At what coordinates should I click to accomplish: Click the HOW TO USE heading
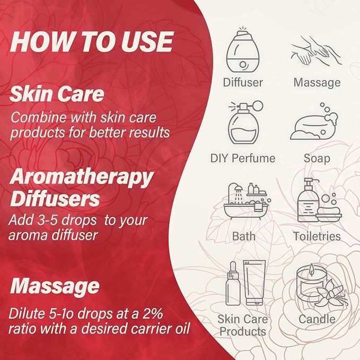coord(91,42)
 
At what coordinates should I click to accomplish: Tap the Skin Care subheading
coord(57,94)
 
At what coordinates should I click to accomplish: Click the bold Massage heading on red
coord(55,286)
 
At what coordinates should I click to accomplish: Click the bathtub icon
coord(247,201)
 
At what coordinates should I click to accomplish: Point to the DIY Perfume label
coord(243,159)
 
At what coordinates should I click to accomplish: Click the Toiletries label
coord(317,236)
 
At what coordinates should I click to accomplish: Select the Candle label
coord(317,319)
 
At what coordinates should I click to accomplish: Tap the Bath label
coord(243,236)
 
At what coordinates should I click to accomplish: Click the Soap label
coord(317,159)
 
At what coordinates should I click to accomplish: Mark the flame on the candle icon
coord(311,269)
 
